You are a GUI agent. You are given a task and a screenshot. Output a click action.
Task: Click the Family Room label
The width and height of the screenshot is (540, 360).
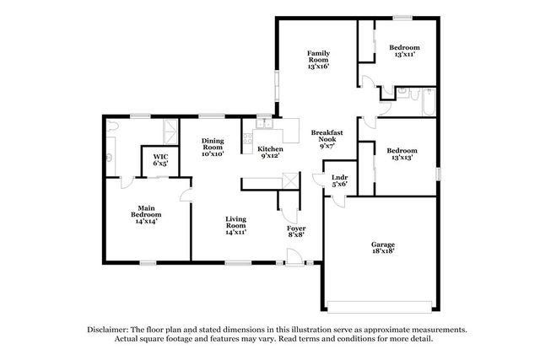point(319,60)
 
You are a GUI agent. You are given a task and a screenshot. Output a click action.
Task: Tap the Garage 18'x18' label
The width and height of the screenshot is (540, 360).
point(382,248)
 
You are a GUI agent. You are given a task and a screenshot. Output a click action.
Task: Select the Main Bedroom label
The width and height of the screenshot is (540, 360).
point(146,214)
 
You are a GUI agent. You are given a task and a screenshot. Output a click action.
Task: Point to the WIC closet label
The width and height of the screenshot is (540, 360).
point(160,160)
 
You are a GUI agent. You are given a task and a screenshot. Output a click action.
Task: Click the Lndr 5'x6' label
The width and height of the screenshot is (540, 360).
point(339,180)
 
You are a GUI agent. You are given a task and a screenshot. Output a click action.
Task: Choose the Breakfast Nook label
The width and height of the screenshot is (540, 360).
point(327,139)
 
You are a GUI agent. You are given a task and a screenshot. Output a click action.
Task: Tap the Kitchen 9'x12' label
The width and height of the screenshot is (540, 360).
point(270,152)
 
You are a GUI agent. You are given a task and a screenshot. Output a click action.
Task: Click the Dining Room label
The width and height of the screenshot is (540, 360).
point(213,148)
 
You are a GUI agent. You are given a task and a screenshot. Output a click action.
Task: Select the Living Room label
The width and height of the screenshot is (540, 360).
point(235,225)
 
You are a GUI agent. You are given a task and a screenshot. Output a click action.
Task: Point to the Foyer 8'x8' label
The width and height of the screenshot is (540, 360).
point(296,231)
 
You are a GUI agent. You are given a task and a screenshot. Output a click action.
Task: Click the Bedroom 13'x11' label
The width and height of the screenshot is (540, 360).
point(404,51)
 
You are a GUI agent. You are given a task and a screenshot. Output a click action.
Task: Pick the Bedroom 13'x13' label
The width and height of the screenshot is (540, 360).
point(402,153)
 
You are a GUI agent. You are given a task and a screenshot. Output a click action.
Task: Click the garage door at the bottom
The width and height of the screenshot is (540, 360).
point(380,307)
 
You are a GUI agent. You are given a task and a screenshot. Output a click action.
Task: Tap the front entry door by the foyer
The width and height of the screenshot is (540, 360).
point(294,257)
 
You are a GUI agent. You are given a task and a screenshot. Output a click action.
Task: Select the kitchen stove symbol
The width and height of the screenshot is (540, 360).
point(247,138)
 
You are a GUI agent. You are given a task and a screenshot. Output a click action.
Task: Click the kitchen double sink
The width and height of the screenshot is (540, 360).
point(264,123)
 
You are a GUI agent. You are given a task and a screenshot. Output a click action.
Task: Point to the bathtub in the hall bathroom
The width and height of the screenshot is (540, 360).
point(429,102)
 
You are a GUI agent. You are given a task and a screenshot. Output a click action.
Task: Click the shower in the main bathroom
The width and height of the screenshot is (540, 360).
point(170,132)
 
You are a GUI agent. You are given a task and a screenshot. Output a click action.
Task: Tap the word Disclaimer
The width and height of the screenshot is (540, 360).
point(107,330)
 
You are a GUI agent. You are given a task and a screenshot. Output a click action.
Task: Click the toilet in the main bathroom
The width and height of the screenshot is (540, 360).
point(112,126)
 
